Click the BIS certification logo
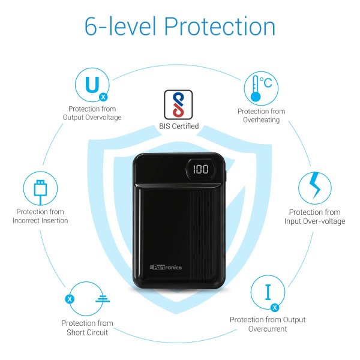click(178, 104)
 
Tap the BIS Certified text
click(179, 126)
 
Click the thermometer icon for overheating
click(256, 89)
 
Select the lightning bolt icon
click(315, 185)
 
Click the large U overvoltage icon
click(92, 85)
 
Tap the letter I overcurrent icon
click(268, 292)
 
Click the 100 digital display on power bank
click(200, 169)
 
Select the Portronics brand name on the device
click(166, 267)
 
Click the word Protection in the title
click(220, 26)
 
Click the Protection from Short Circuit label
click(87, 328)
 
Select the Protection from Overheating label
click(261, 115)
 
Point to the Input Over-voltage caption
click(315, 221)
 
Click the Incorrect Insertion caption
click(40, 220)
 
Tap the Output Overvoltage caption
click(92, 118)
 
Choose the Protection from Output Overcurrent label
click(268, 324)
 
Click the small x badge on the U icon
click(103, 97)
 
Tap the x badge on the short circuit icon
click(70, 299)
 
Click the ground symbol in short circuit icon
click(103, 299)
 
